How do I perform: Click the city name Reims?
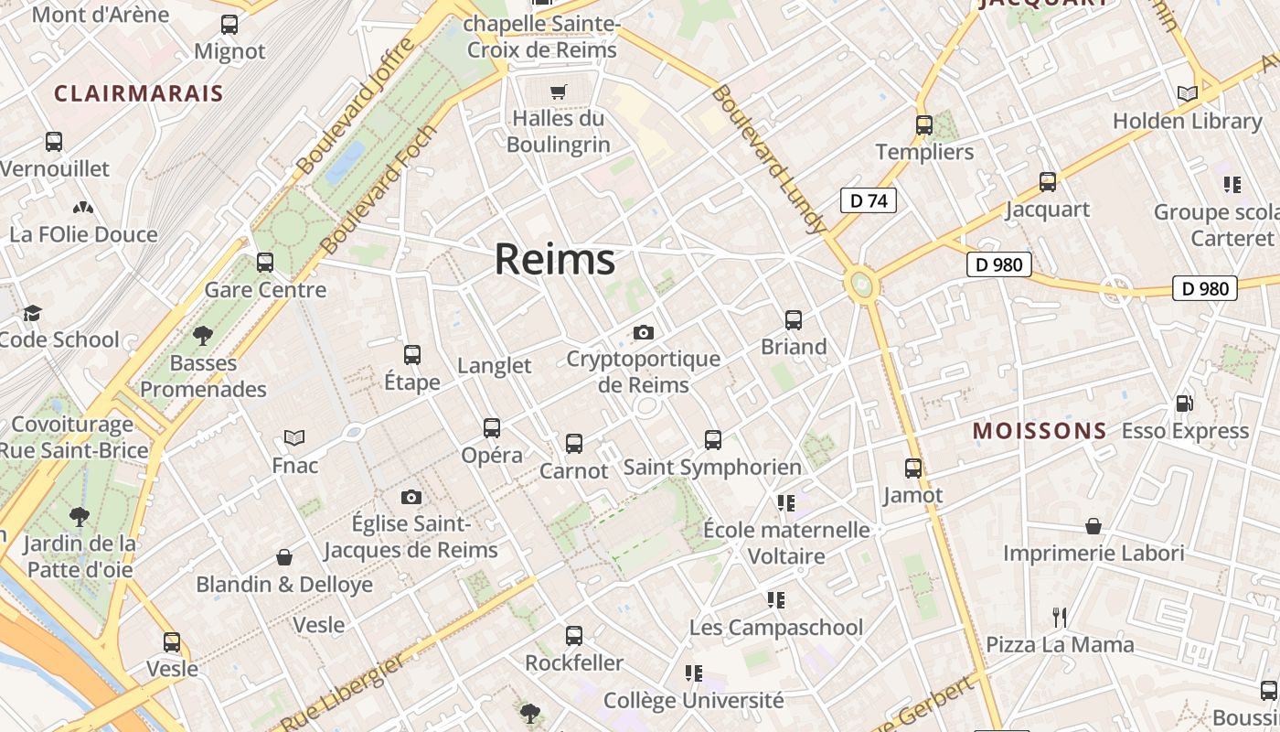tap(555, 260)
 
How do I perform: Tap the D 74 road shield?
tap(868, 200)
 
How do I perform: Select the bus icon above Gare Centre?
tap(265, 263)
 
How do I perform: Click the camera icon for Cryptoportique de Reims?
tap(644, 332)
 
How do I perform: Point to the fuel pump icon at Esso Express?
tap(1184, 403)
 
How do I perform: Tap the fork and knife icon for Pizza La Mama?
tap(1060, 617)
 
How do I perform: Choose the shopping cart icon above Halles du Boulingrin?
tap(558, 91)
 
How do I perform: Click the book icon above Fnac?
tap(294, 437)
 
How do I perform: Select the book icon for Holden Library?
tap(1187, 93)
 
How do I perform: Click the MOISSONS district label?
tap(1040, 430)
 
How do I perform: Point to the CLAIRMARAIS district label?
tap(139, 93)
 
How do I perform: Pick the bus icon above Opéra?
tap(492, 427)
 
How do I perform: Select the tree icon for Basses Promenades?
tap(203, 336)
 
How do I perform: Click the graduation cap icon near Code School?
tap(33, 313)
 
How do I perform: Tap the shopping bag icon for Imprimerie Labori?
tap(1093, 526)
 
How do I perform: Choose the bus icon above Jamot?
tap(912, 468)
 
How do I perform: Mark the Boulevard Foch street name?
tap(379, 189)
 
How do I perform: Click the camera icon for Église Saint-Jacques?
tap(411, 497)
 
